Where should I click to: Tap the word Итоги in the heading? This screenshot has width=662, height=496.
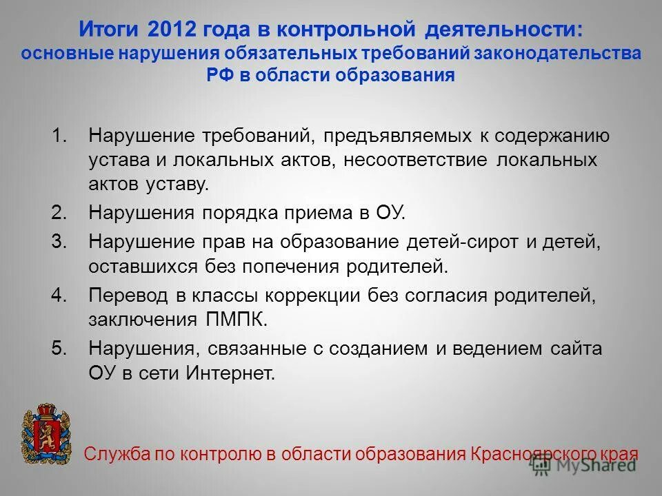[x=110, y=30]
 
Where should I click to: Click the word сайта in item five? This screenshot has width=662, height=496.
[x=576, y=349]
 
